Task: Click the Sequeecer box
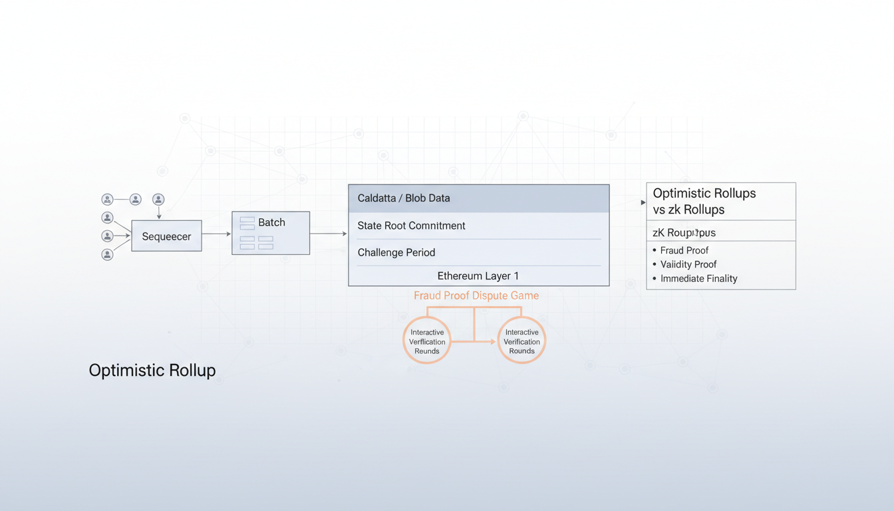click(x=166, y=236)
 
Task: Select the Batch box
click(x=271, y=233)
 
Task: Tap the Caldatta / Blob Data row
click(x=478, y=198)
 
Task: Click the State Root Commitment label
click(x=411, y=226)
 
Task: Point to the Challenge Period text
click(x=396, y=253)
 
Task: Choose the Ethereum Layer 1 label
click(x=478, y=275)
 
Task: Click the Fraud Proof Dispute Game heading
click(x=476, y=295)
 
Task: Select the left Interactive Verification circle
click(x=427, y=341)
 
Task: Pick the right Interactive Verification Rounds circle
click(x=521, y=341)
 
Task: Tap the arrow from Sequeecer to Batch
click(x=216, y=234)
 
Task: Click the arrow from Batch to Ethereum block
click(x=329, y=234)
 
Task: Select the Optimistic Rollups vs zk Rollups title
click(x=704, y=201)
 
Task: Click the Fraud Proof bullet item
click(x=684, y=250)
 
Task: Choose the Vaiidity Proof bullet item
click(x=688, y=264)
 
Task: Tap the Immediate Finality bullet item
click(x=698, y=279)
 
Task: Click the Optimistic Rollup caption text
click(x=152, y=371)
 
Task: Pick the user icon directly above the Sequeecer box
click(x=158, y=200)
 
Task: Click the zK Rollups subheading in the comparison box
click(x=684, y=233)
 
